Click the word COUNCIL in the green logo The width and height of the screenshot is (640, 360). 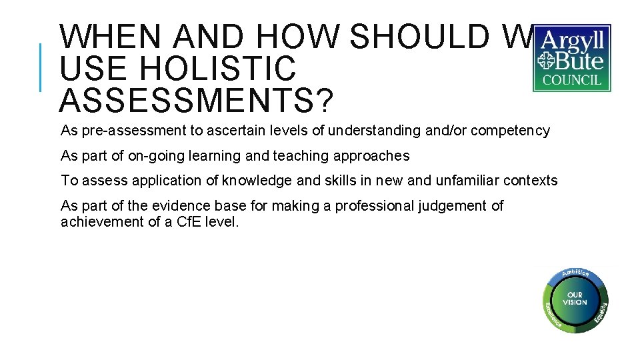point(571,81)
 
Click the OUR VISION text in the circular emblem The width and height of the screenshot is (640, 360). point(575,299)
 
